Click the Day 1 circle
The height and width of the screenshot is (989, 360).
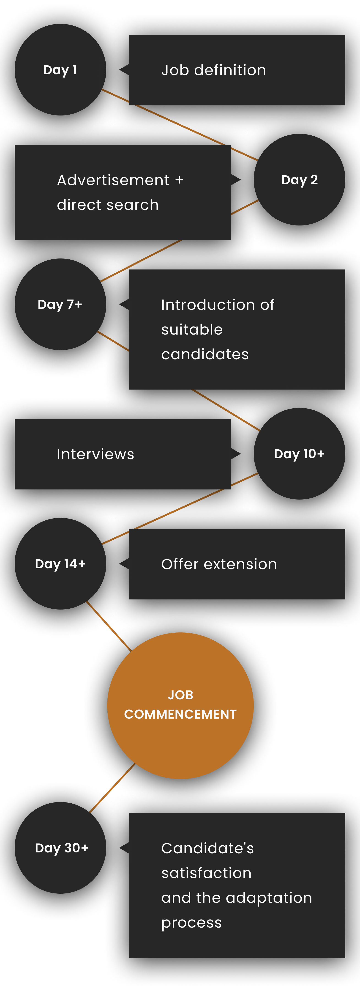tap(60, 70)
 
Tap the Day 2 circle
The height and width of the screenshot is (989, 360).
tap(299, 180)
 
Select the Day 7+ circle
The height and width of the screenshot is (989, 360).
tap(60, 304)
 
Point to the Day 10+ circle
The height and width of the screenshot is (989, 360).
tap(299, 453)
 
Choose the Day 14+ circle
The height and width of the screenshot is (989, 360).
tap(60, 564)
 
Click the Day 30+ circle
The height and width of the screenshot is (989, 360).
tap(60, 848)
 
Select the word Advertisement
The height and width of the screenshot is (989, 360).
tap(113, 180)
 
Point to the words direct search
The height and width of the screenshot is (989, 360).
tap(108, 205)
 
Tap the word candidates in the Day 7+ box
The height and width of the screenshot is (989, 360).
tap(205, 354)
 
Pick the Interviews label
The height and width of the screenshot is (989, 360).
tap(95, 454)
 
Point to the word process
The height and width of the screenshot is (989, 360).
tap(191, 923)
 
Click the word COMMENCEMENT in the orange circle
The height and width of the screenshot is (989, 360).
tap(180, 714)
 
